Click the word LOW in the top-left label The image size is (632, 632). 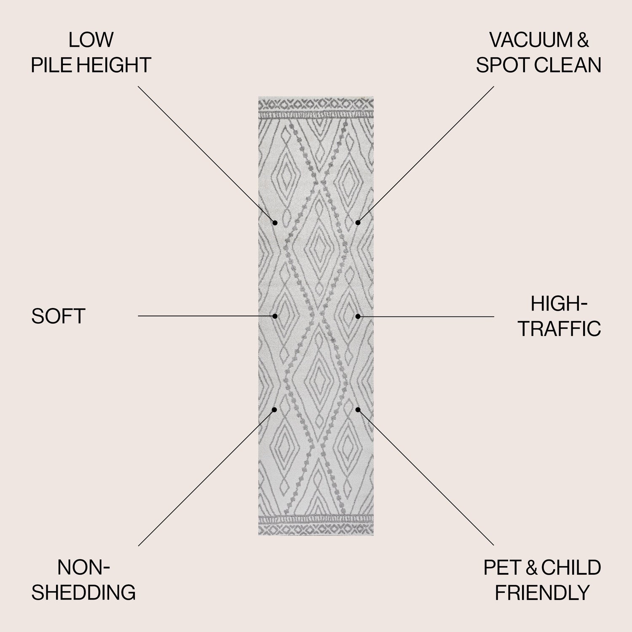click(91, 40)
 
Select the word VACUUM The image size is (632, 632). click(530, 40)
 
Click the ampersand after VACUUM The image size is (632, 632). click(582, 40)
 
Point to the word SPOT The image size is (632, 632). click(500, 65)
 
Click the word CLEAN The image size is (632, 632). click(565, 65)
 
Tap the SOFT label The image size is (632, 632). click(59, 316)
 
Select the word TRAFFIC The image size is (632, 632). click(560, 329)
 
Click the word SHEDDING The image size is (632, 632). click(83, 592)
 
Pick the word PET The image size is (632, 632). click(501, 568)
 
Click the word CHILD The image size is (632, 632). click(571, 568)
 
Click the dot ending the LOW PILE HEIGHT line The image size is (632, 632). click(275, 222)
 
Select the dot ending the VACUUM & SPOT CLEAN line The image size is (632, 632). click(358, 222)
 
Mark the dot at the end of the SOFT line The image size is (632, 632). click(275, 316)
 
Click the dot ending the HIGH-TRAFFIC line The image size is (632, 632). click(358, 316)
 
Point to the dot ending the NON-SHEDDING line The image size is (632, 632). click(275, 409)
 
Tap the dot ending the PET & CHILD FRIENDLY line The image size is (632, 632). click(358, 409)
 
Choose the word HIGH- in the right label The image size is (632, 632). click(559, 303)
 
